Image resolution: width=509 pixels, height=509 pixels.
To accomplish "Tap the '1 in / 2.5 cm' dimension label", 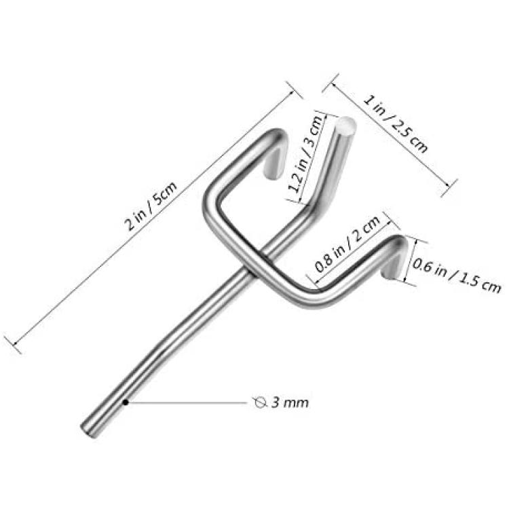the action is (395, 124).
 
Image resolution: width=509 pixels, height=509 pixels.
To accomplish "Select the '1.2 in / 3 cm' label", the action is (305, 153).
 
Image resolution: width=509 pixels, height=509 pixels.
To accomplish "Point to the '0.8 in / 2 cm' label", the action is (348, 244).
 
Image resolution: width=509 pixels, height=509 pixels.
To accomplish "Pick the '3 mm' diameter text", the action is (290, 403).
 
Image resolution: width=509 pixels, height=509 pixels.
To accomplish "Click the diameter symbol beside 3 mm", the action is (260, 402).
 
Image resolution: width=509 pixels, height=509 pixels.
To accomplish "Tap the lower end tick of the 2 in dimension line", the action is (13, 344).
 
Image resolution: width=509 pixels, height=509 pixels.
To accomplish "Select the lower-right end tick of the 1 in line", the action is (449, 187).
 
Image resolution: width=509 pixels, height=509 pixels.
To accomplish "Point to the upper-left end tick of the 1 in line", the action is (331, 83).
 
